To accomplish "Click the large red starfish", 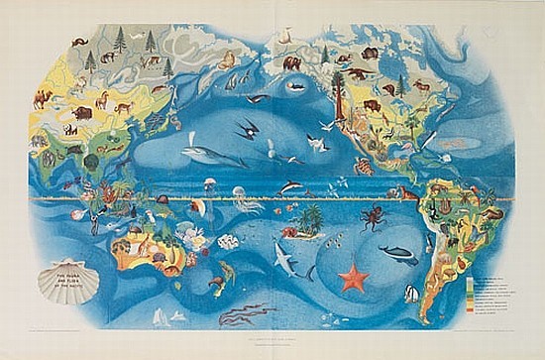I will click(353, 276).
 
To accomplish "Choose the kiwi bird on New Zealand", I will click(214, 285).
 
